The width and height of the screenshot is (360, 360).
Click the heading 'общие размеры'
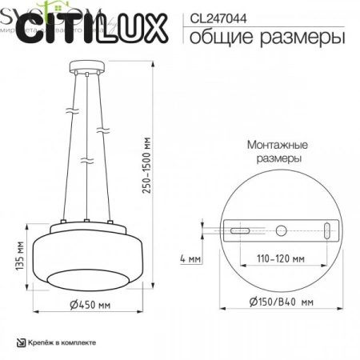click(x=258, y=36)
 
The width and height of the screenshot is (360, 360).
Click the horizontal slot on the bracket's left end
click(x=238, y=230)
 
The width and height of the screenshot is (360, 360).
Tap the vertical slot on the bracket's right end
click(x=326, y=230)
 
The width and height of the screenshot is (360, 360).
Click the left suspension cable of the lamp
click(x=73, y=144)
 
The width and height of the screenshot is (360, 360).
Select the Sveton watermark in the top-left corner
click(x=24, y=7)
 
